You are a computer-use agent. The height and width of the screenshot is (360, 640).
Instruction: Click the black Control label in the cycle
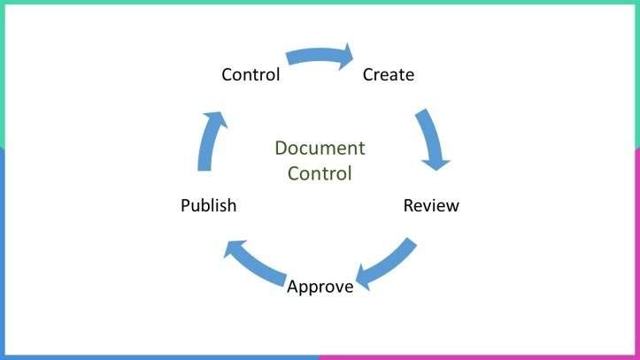tap(251, 74)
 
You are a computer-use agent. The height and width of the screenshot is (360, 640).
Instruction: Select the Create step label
tap(388, 74)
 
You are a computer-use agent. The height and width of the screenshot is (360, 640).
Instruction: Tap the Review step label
tap(431, 206)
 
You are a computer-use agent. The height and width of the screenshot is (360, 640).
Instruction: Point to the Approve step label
tap(320, 287)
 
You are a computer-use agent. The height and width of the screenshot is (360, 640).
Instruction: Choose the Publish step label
tap(208, 206)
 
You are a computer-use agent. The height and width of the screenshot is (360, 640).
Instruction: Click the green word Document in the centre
tap(320, 148)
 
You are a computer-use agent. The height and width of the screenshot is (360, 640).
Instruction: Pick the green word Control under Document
tap(320, 172)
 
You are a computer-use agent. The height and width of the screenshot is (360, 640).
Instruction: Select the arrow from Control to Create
tap(319, 57)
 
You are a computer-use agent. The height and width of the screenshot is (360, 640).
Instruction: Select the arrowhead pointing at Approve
tap(364, 277)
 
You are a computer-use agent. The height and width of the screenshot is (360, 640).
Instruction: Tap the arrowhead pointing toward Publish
tap(233, 250)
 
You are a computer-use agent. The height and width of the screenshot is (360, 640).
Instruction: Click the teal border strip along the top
tap(320, 3)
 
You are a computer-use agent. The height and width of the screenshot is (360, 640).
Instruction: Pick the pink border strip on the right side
tap(636, 248)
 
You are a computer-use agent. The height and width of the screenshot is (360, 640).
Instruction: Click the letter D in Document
tap(281, 148)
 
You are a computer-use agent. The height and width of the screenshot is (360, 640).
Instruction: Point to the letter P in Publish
tap(185, 206)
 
